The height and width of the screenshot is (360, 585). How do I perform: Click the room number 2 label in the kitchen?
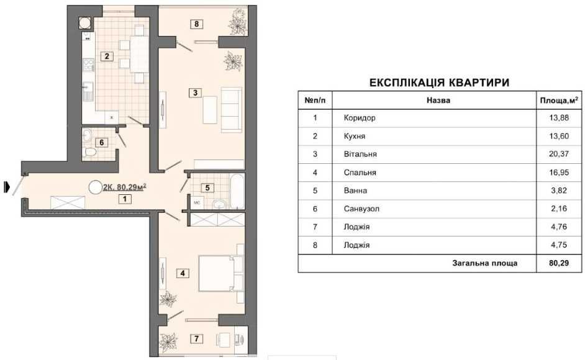pos(107,56)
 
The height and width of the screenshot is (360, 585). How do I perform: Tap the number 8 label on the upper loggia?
pos(196,24)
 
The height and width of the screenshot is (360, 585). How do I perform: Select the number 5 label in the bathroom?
pos(207,188)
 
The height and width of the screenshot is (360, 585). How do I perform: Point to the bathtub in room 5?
pos(237,191)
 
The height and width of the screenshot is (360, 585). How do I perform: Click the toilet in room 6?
pos(90,152)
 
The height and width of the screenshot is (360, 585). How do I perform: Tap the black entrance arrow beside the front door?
pos(6,187)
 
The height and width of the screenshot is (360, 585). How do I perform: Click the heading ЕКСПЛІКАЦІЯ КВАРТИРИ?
pos(439,83)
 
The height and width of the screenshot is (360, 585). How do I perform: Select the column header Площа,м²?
pos(559,101)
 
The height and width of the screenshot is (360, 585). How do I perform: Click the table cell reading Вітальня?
pos(360,154)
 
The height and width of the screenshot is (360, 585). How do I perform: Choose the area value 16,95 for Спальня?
pos(559,173)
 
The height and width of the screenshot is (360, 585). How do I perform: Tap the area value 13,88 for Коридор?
pos(559,118)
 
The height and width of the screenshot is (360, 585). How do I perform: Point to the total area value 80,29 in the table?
pos(559,263)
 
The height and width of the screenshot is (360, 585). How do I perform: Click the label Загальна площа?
pos(484,263)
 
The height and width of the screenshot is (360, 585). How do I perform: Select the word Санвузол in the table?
pos(361,209)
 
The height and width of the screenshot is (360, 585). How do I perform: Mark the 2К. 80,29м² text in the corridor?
pos(124,187)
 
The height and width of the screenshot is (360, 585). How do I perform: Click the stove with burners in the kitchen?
pos(88,65)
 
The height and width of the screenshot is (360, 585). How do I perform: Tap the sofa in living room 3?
pos(231,109)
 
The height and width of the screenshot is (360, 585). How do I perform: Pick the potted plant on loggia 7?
pos(168,341)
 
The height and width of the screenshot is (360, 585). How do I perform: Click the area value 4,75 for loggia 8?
pos(559,245)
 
